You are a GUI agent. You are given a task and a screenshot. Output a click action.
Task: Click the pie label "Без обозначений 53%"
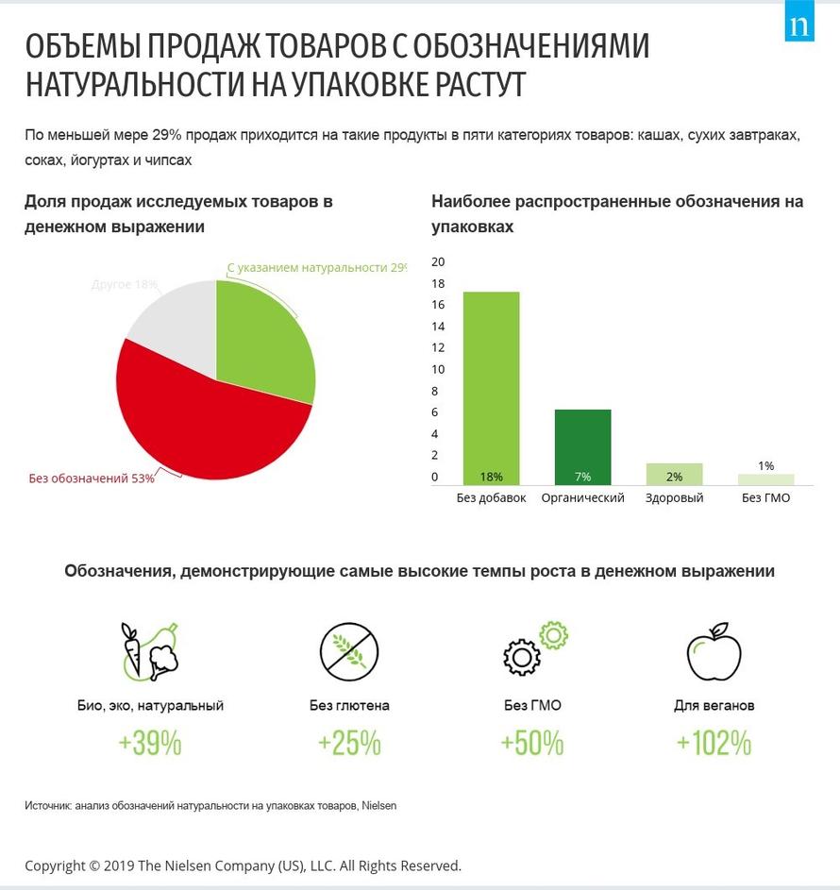click(x=92, y=479)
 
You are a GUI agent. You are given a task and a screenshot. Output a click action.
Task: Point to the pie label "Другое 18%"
click(x=125, y=284)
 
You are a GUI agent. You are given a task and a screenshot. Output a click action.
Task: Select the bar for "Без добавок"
click(x=491, y=387)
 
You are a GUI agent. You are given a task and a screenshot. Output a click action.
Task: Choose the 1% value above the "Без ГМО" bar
click(x=765, y=465)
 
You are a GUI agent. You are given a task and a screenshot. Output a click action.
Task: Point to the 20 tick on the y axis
click(x=437, y=261)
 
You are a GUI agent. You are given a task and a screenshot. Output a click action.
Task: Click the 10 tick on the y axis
click(x=437, y=369)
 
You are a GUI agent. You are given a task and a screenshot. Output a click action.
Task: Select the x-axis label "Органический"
click(x=582, y=497)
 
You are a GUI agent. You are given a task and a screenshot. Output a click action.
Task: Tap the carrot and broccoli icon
click(x=150, y=650)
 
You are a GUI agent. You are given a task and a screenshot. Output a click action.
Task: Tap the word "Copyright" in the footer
click(x=55, y=865)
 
